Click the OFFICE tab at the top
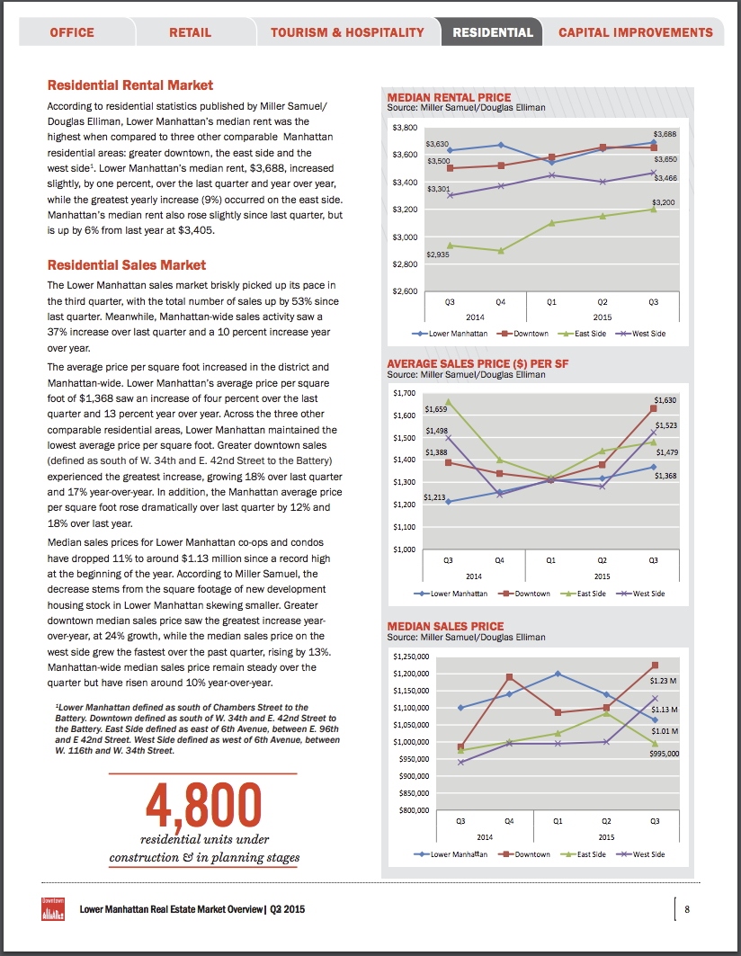pyautogui.click(x=72, y=32)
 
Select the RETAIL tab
pyautogui.click(x=191, y=32)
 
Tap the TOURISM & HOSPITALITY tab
pyautogui.click(x=347, y=32)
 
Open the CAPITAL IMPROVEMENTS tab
pyautogui.click(x=636, y=32)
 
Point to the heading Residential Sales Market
pyautogui.click(x=127, y=265)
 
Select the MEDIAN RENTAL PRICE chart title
pyautogui.click(x=449, y=97)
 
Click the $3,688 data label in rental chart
pyautogui.click(x=665, y=134)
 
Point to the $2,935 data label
pyautogui.click(x=438, y=255)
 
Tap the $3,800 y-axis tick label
pyautogui.click(x=405, y=128)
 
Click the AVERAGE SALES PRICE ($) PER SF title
pyautogui.click(x=478, y=364)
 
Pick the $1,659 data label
pyautogui.click(x=435, y=409)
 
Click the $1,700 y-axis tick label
pyautogui.click(x=405, y=393)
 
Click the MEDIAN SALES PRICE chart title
pyautogui.click(x=445, y=626)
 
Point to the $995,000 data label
pyautogui.click(x=665, y=754)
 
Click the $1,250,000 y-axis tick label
pyautogui.click(x=413, y=657)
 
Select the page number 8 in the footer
pyautogui.click(x=686, y=908)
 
